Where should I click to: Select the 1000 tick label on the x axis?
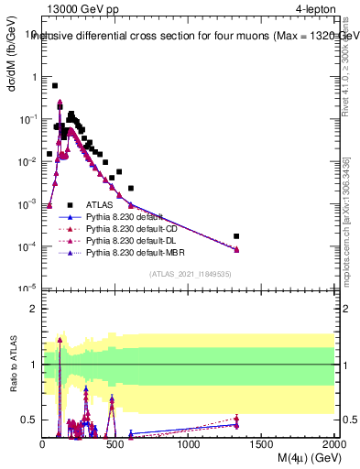(189, 444)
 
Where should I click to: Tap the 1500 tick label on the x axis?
(261, 444)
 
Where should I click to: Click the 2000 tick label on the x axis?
(333, 444)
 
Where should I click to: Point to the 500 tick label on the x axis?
(115, 444)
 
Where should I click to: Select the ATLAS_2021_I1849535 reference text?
(188, 274)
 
